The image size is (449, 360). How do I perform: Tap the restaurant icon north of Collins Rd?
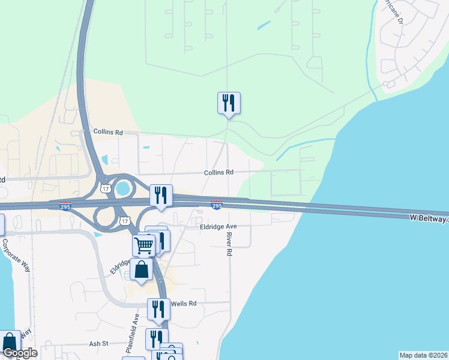229,103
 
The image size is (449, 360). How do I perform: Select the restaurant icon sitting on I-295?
161,196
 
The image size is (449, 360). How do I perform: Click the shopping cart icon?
144,245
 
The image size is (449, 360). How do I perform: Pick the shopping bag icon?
141,269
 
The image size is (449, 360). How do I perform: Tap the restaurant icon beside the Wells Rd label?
158,310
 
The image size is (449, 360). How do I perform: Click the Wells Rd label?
184,304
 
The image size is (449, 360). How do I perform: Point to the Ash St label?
98,344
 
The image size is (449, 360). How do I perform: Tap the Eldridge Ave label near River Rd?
219,227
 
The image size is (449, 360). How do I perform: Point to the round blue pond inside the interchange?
124,188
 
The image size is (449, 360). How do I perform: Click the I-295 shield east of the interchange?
217,205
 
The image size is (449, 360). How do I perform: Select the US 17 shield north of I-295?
106,188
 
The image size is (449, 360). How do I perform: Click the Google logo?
19,353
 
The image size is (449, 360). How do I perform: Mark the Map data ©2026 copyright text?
423,355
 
